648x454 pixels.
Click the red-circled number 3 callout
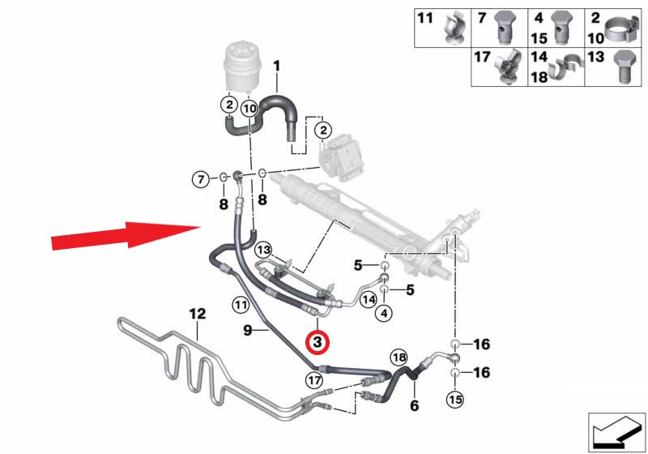[x=317, y=342]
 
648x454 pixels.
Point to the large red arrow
[x=126, y=235]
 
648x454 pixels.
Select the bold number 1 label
[x=276, y=66]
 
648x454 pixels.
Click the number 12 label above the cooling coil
[x=197, y=314]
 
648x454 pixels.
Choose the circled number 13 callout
[x=264, y=250]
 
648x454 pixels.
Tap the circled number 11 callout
[x=241, y=305]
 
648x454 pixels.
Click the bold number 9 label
[x=247, y=331]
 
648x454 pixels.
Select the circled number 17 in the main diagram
[x=314, y=380]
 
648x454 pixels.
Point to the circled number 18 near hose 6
[x=399, y=358]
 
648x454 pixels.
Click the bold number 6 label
[x=414, y=405]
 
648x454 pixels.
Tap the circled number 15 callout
[x=455, y=400]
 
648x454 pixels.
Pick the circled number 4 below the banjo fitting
[x=384, y=314]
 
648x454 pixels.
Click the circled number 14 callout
[x=369, y=299]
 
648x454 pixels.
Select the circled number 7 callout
[x=201, y=179]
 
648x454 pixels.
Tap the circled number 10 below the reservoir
[x=249, y=109]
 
